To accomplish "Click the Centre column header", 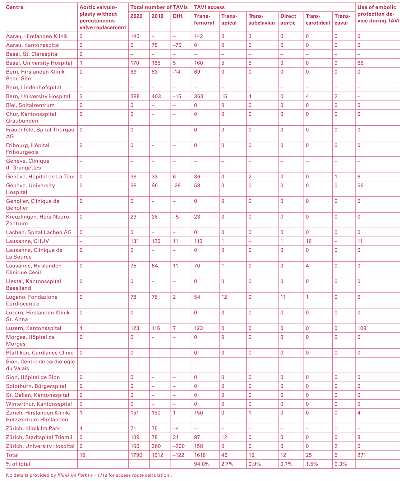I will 15,7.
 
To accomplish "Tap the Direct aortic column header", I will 288,19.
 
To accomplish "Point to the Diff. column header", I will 178,16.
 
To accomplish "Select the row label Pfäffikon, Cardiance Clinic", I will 40,353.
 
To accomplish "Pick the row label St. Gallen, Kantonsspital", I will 37,395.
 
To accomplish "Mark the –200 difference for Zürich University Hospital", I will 180,446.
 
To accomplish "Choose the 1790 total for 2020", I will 136,455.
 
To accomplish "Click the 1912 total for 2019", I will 157,455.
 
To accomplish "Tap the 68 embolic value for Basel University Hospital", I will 360,63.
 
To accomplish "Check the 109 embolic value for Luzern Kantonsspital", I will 361,328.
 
